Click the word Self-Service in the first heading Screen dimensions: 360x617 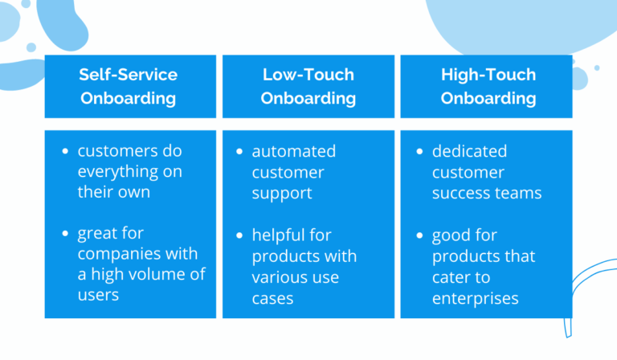pos(129,75)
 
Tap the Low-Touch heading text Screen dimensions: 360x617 pos(308,75)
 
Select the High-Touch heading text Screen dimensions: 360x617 pos(487,75)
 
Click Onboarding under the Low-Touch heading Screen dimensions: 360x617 pos(308,99)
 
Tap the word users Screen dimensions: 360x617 pos(98,297)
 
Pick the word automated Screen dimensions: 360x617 pos(293,151)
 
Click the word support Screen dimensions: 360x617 pos(281,193)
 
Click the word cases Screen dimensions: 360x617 pos(272,298)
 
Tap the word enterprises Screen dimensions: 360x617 pos(475,298)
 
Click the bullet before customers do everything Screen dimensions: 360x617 pos(65,152)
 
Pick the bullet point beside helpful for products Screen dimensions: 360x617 pos(240,236)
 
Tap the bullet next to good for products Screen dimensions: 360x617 pos(420,236)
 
